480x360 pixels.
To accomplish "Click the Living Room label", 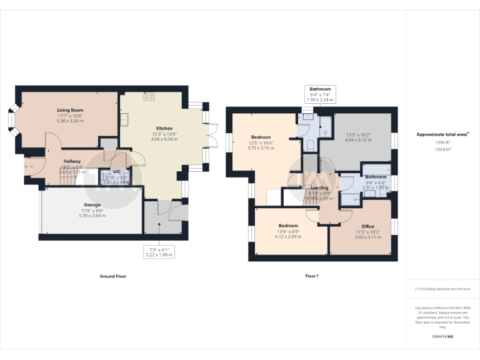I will click(x=69, y=110).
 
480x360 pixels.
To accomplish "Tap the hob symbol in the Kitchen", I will click(x=149, y=96).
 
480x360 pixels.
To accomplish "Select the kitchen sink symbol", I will click(x=124, y=119).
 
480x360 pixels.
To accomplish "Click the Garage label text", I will click(x=92, y=204).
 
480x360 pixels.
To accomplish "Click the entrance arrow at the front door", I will click(x=27, y=166).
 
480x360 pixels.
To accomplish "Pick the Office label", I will click(x=367, y=226).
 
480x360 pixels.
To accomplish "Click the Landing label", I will click(x=319, y=187).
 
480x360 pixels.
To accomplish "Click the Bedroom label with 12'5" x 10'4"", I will click(x=261, y=137).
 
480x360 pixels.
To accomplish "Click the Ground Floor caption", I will click(x=112, y=276).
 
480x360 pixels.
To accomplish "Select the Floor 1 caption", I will click(x=312, y=276).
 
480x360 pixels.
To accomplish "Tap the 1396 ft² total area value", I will click(x=442, y=142).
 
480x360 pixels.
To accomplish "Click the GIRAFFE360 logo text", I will click(x=442, y=337).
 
